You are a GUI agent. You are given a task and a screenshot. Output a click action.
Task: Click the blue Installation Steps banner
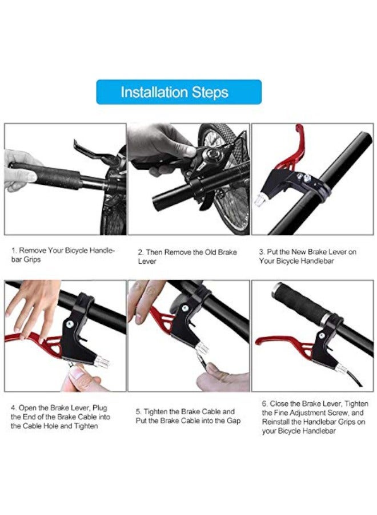tap(179, 92)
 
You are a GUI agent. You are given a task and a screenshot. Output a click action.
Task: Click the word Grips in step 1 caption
tap(32, 259)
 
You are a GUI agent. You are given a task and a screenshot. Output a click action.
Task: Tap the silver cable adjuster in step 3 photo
tap(259, 199)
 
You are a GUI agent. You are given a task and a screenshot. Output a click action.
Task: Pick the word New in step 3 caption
tap(298, 252)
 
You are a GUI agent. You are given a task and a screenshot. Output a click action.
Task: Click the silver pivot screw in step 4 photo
tap(70, 324)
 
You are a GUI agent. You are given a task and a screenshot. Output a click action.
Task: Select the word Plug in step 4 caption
tap(99, 408)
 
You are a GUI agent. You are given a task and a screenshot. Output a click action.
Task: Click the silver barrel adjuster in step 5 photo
tap(202, 348)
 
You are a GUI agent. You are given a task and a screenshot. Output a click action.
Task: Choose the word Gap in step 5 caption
tap(234, 421)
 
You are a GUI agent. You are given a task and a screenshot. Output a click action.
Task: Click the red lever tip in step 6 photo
tap(258, 342)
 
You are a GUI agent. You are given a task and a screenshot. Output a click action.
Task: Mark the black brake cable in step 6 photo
tap(356, 377)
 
